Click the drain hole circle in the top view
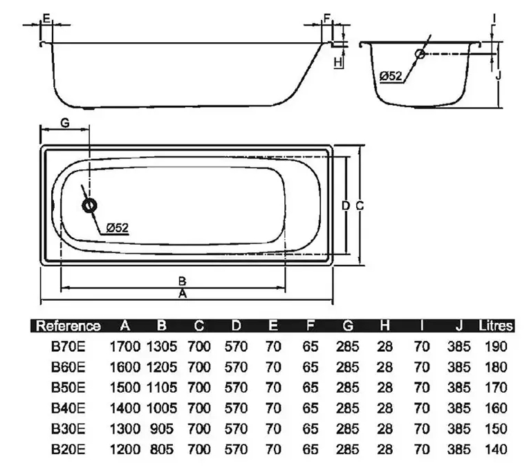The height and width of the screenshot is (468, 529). (x=89, y=205)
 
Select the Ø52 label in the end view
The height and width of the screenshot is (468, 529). (x=391, y=76)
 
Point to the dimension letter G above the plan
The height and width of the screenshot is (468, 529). (x=64, y=122)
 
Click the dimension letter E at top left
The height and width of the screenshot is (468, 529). (x=46, y=16)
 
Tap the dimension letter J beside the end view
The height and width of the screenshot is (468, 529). (x=498, y=74)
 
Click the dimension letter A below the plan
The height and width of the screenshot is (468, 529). (x=183, y=293)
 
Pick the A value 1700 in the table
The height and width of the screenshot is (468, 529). (x=125, y=346)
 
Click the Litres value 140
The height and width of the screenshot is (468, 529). (x=496, y=449)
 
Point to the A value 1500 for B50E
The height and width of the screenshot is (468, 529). (x=125, y=388)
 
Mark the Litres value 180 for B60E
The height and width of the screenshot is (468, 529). (x=496, y=367)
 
